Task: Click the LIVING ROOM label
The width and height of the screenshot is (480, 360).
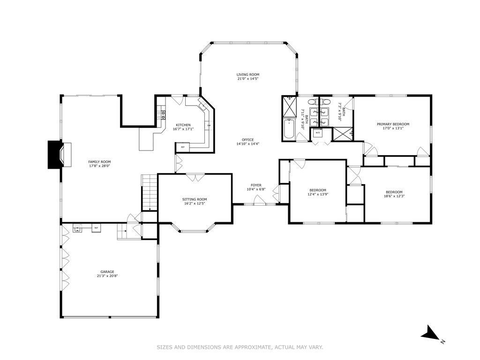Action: [247, 75]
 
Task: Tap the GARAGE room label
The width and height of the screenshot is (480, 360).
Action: [107, 271]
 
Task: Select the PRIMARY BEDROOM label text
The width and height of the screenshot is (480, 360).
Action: [393, 124]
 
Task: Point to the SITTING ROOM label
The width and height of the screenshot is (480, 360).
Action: [195, 199]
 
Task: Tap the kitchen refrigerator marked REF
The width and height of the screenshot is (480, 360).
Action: [183, 147]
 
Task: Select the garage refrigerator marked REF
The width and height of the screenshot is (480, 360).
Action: [96, 228]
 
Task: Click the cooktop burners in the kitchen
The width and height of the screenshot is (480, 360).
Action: [161, 115]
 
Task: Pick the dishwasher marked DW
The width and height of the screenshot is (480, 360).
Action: [209, 126]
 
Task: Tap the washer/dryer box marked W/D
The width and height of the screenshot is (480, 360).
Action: [318, 133]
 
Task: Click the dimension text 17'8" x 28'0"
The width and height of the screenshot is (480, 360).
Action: [99, 166]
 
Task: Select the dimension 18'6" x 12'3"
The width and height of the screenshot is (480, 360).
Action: [394, 196]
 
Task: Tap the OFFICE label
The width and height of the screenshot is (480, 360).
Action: [247, 140]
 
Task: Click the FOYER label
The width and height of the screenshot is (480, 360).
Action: [256, 185]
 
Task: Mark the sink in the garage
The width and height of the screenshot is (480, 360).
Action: [77, 228]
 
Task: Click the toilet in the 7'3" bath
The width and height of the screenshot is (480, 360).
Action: [327, 102]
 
